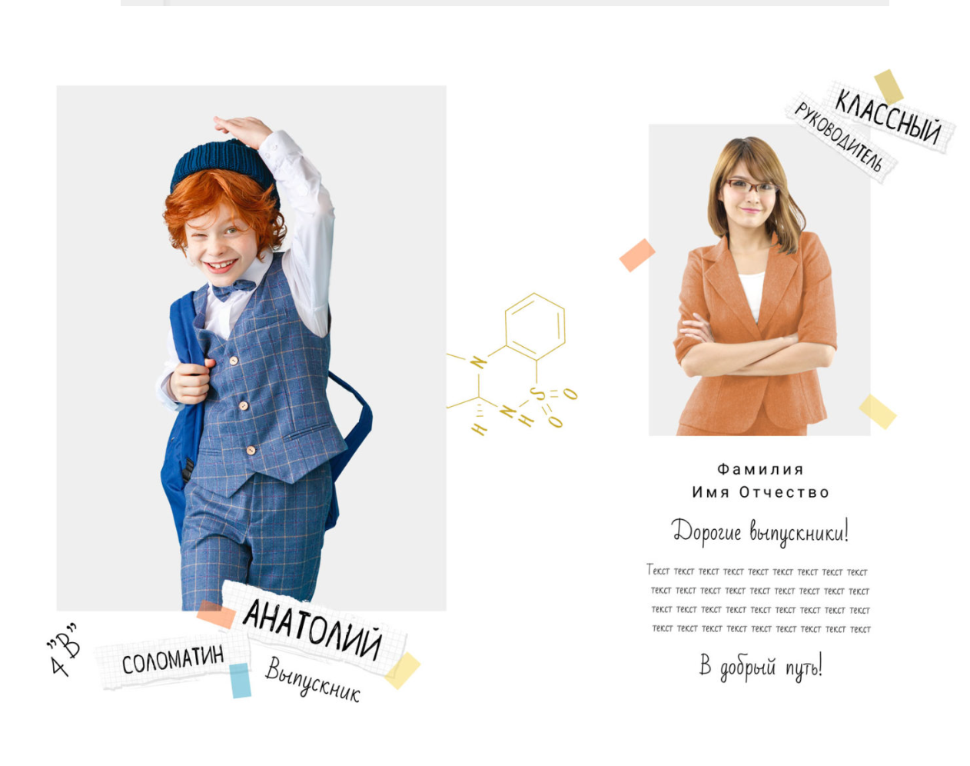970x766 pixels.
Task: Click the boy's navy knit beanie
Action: click(x=224, y=162)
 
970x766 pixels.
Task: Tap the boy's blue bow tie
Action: click(x=234, y=288)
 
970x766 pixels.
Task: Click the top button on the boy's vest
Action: click(x=234, y=361)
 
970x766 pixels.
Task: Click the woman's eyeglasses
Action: click(x=750, y=185)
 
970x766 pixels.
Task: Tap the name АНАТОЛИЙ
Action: click(x=312, y=629)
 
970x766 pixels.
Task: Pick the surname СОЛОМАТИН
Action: click(x=173, y=660)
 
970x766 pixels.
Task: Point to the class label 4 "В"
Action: click(x=65, y=650)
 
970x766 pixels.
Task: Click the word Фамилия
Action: click(x=760, y=470)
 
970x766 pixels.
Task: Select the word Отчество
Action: click(x=784, y=492)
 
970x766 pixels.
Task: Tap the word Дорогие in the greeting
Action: click(x=706, y=532)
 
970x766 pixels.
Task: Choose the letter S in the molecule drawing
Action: click(x=537, y=394)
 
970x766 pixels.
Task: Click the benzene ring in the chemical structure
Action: click(x=535, y=327)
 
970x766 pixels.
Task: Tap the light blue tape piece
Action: click(x=241, y=681)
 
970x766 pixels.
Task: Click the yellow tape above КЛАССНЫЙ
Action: click(x=889, y=87)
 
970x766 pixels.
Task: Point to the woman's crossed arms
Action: click(x=757, y=350)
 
